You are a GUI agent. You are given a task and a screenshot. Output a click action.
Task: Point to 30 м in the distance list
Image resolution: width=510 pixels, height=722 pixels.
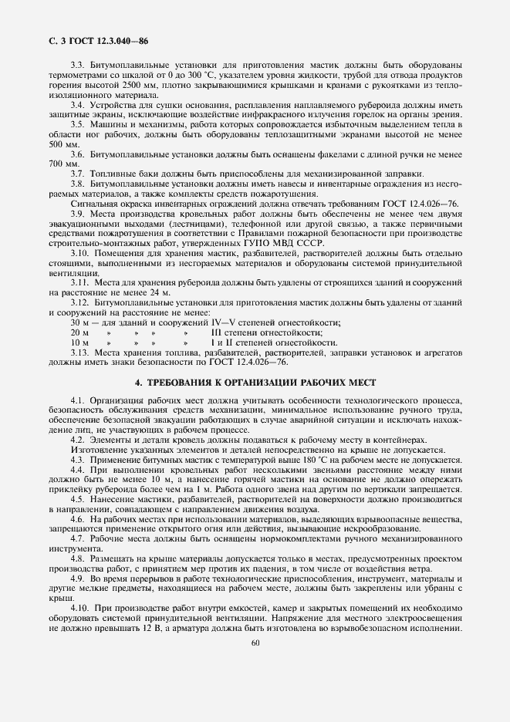coord(79,322)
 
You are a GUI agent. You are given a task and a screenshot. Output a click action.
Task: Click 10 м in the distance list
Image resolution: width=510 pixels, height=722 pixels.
coord(79,342)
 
